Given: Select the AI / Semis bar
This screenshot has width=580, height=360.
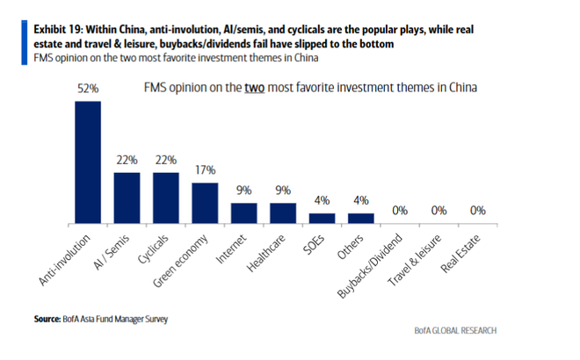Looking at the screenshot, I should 127,197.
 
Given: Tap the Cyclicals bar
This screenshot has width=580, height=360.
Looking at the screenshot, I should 166,197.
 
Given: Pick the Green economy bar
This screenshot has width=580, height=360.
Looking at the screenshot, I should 205,201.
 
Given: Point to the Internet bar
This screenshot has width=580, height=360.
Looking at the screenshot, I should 243,212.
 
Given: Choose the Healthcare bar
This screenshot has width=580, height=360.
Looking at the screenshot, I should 283,212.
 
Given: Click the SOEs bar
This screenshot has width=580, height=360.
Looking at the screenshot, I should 322,217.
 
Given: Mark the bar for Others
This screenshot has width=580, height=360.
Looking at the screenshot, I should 360,217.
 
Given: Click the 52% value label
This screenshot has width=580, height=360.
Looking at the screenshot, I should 87,90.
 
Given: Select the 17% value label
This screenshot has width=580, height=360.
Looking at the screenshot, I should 205,169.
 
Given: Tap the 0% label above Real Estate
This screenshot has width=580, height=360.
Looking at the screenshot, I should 477,210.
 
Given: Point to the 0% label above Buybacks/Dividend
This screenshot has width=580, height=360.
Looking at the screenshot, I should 400,210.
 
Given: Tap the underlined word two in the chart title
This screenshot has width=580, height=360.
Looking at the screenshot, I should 256,89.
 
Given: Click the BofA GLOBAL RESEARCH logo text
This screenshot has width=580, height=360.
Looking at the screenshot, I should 455,330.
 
